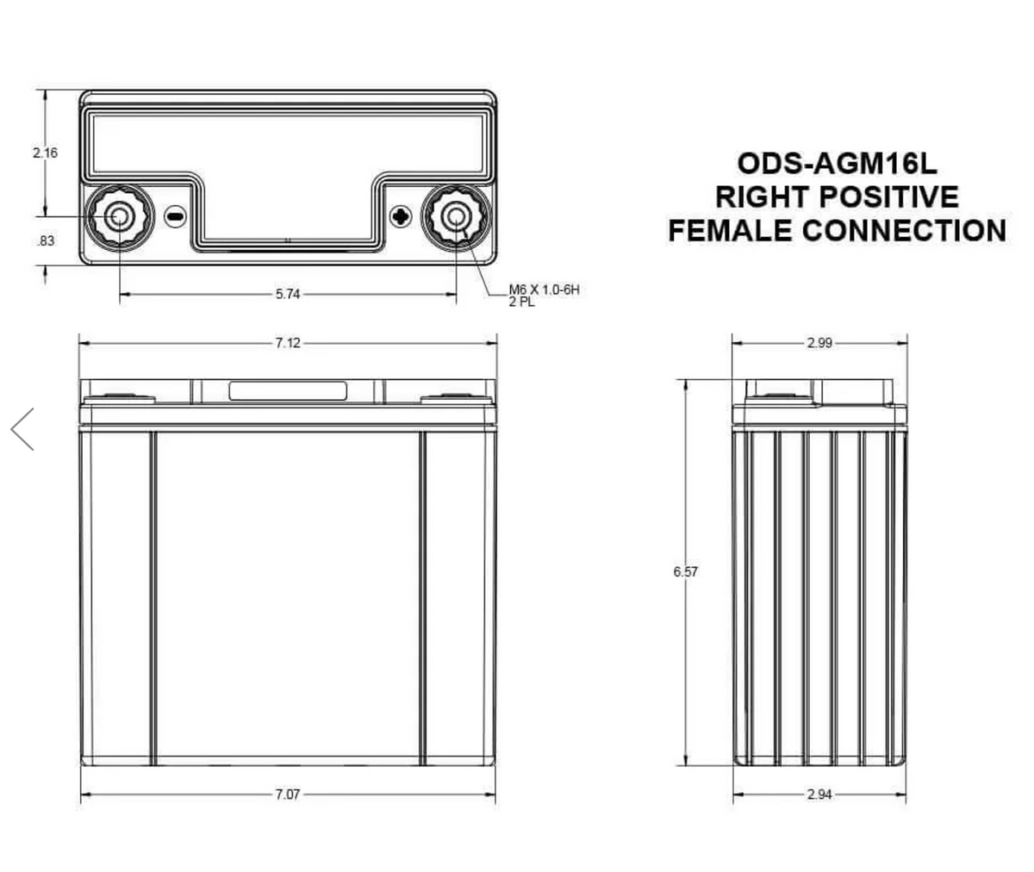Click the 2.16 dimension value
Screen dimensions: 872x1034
[x=45, y=153]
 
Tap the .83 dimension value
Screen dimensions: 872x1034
[x=46, y=241]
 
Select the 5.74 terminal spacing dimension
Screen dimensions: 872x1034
[x=288, y=295]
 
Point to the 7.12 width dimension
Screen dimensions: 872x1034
[x=288, y=343]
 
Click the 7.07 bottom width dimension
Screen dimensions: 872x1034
[x=288, y=794]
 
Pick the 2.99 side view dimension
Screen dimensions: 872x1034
[x=819, y=343]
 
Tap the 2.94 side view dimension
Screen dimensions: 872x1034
[x=819, y=794]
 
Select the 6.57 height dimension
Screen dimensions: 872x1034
[x=686, y=571]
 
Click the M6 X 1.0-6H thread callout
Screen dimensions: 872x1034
[x=544, y=290]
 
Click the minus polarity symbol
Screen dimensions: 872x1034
[x=175, y=216]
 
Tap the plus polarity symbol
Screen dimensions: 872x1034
[x=400, y=216]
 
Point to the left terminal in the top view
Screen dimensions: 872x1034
[x=120, y=216]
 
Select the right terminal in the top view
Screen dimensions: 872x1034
[x=455, y=216]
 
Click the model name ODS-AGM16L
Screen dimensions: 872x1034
[x=837, y=164]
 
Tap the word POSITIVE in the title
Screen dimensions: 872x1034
[x=887, y=196]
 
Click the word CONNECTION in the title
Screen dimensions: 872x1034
[x=904, y=230]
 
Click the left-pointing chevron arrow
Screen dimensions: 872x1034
[x=22, y=429]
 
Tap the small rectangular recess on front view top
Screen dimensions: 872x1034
[x=288, y=390]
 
